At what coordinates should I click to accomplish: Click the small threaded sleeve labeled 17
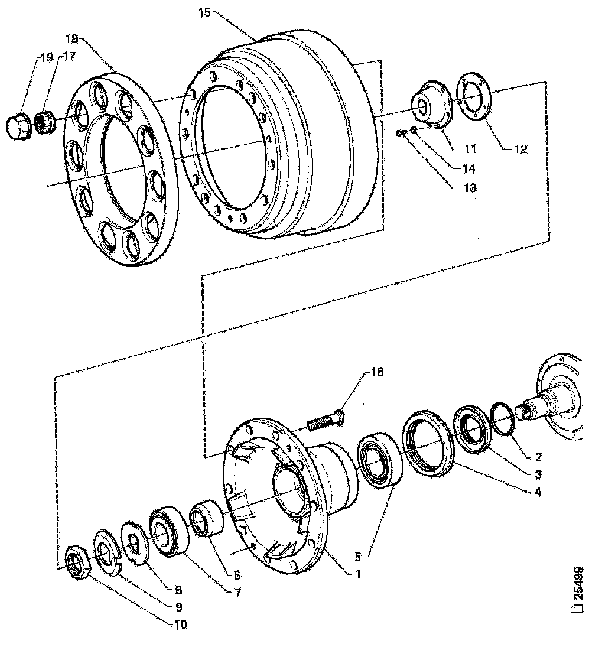pyautogui.click(x=43, y=123)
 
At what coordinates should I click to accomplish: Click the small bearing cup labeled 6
pyautogui.click(x=206, y=518)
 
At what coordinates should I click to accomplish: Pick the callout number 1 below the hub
pyautogui.click(x=357, y=573)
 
